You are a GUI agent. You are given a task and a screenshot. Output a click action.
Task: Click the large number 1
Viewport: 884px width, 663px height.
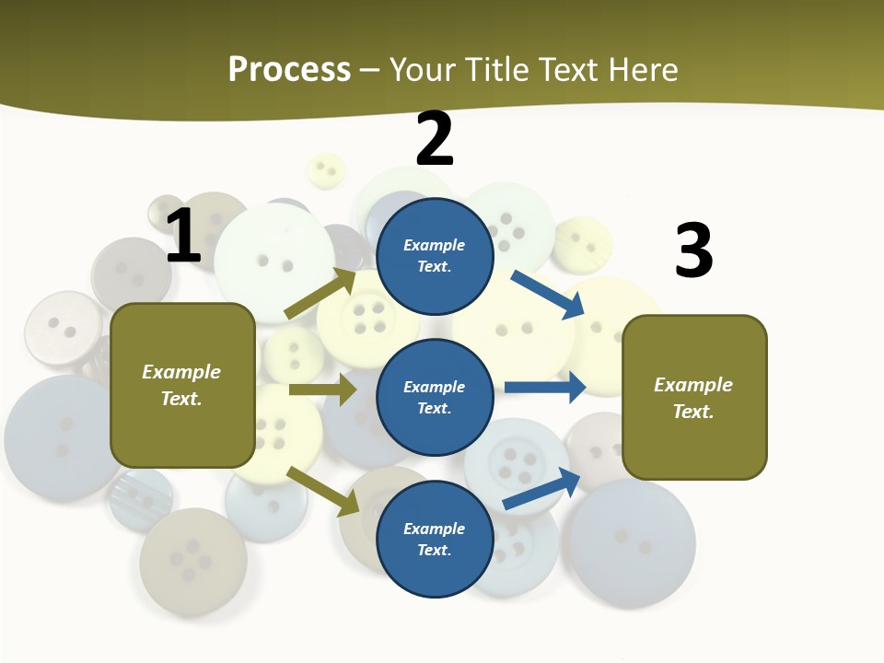pos(183,236)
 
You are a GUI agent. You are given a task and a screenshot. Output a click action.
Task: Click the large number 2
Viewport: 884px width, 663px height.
pos(435,139)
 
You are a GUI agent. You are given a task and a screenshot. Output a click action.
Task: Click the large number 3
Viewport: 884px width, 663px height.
pos(693,250)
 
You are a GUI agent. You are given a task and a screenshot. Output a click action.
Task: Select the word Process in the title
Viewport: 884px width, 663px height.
pos(289,69)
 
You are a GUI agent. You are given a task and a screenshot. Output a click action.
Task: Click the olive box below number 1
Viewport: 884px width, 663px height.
pos(182,385)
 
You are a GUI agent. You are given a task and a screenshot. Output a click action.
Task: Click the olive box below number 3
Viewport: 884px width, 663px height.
pos(694,398)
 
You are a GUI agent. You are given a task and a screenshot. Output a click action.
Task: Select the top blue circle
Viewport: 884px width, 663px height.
pos(435,256)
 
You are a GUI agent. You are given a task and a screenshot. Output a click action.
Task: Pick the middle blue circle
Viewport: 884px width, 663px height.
pos(435,398)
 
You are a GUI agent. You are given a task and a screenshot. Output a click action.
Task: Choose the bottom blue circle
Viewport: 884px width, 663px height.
pos(435,540)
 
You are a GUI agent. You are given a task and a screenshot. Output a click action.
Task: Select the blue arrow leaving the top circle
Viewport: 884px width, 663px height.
pos(548,294)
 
